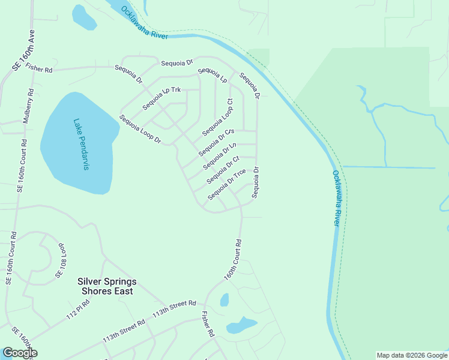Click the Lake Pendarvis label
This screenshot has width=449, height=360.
81,144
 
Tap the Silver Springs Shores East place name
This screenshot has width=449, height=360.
107,286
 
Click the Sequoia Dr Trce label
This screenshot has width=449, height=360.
226,185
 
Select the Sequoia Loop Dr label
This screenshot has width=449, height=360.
140,129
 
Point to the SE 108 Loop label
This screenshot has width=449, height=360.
60,260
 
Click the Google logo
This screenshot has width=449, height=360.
20,353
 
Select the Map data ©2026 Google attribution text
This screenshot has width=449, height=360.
412,355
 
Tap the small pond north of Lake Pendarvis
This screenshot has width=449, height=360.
83,17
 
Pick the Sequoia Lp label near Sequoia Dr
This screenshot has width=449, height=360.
212,75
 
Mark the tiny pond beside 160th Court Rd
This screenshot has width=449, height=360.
224,300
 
